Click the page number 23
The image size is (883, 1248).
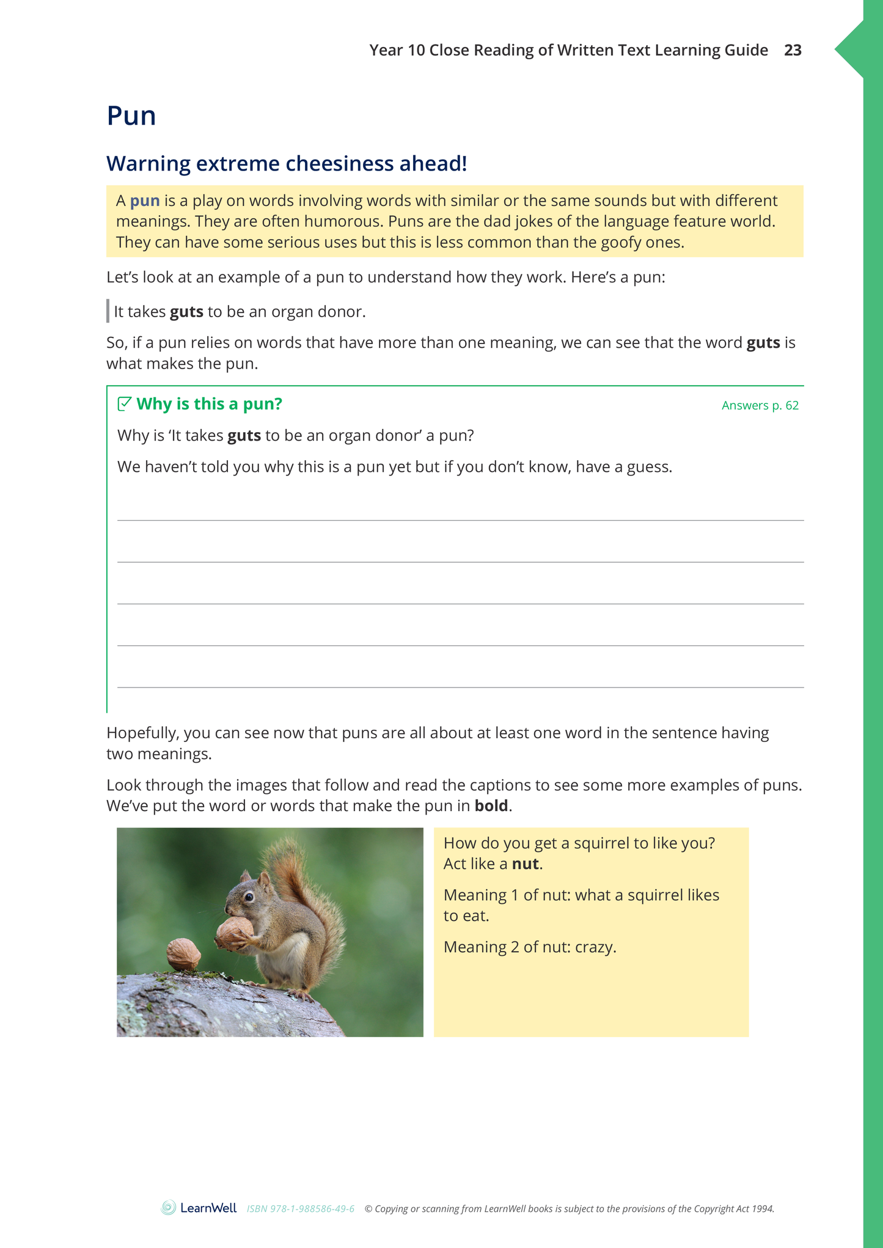click(793, 50)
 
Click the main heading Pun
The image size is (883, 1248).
click(131, 116)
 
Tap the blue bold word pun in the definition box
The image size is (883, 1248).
click(145, 201)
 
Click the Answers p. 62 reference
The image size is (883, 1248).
click(760, 405)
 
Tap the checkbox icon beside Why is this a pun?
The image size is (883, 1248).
click(124, 403)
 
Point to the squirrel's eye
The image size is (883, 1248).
click(249, 897)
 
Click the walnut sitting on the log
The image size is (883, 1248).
click(183, 954)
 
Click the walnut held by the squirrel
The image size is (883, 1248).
click(234, 931)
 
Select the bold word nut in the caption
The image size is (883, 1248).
click(525, 864)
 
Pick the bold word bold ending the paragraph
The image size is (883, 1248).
click(491, 806)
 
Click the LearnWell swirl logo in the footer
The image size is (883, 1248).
click(168, 1208)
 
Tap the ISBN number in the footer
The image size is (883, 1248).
click(301, 1209)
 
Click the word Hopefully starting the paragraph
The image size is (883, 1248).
click(143, 733)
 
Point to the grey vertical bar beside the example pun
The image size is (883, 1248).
click(108, 311)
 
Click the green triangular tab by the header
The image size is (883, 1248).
click(851, 50)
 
